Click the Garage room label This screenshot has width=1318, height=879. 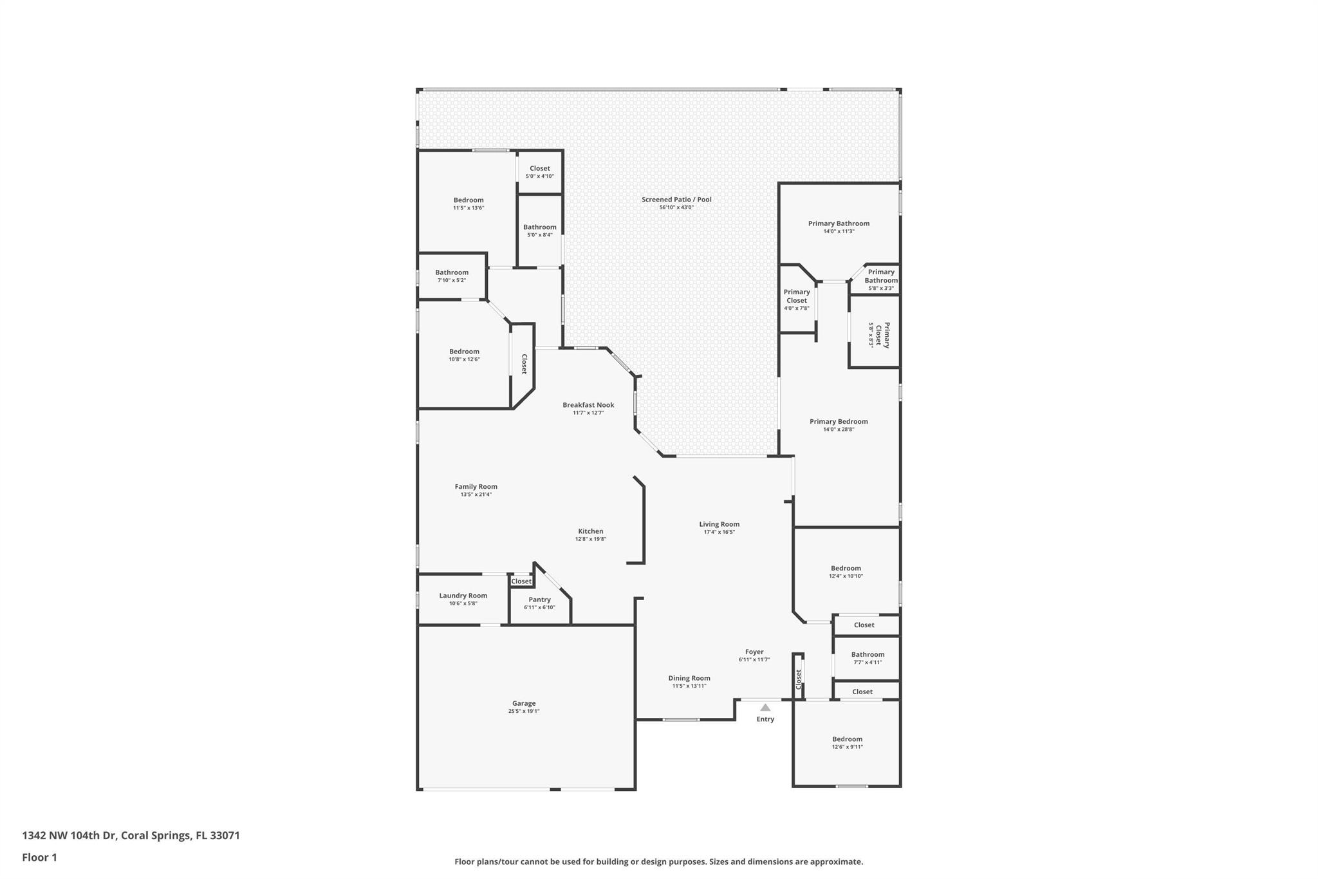click(x=524, y=703)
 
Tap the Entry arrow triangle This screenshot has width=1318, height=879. click(x=765, y=708)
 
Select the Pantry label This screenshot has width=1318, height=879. click(x=539, y=600)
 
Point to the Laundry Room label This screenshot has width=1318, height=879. click(x=463, y=596)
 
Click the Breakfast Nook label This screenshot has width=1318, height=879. click(x=588, y=405)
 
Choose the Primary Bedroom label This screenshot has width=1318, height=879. click(x=839, y=422)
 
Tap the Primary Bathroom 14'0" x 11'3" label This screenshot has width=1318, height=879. click(x=839, y=227)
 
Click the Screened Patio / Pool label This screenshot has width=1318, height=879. click(x=676, y=200)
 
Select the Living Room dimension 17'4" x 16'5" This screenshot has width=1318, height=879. click(x=719, y=532)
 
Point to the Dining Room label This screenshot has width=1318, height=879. click(x=689, y=678)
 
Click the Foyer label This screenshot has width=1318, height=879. click(x=754, y=652)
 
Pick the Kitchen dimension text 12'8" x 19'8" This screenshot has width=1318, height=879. click(x=591, y=539)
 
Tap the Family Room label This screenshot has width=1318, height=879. click(x=476, y=487)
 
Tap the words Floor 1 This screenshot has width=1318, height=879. click(x=39, y=857)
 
